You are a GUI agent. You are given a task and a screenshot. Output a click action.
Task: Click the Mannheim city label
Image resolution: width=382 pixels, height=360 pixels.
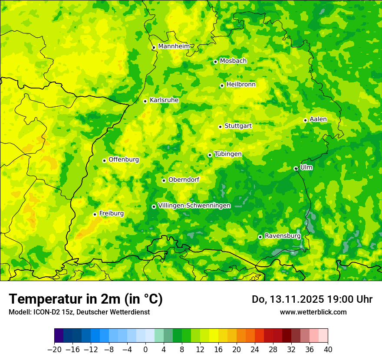point(174,46)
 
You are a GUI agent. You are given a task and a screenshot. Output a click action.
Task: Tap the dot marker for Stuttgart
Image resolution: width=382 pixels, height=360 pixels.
point(220,127)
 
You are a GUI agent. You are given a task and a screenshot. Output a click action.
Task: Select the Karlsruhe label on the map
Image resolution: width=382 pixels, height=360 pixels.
point(164,100)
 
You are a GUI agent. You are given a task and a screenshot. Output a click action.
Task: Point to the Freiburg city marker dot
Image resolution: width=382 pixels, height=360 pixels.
point(95,214)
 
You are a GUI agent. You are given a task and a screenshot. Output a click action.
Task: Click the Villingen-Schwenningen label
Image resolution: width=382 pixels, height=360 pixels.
point(194,206)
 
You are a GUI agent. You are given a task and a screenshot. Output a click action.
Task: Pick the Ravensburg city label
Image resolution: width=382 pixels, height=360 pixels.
point(282,236)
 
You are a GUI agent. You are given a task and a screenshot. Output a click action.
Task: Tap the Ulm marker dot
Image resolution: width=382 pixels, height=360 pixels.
point(296,168)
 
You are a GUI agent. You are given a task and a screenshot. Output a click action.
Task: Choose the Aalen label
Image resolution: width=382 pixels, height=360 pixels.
point(318,119)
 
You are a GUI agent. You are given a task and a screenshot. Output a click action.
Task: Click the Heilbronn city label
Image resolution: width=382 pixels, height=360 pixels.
point(241,85)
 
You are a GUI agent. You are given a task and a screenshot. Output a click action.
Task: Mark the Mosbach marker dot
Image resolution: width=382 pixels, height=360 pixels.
point(215,62)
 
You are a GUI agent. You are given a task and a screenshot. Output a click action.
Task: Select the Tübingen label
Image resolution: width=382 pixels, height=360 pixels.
point(228,154)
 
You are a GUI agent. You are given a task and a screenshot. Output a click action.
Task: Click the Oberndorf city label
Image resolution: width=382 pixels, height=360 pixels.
point(184,180)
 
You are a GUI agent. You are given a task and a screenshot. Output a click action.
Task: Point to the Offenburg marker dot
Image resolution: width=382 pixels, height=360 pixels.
point(104,160)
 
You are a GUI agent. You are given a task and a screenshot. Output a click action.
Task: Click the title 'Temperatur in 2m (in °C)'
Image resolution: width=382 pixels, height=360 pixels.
point(86,299)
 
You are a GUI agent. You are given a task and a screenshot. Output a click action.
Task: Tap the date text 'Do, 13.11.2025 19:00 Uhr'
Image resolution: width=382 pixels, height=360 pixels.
point(312,299)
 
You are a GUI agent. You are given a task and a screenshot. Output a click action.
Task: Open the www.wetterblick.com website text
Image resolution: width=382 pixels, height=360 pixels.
point(313,312)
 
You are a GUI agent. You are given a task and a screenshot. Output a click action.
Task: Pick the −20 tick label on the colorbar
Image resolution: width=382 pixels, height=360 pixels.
point(54,350)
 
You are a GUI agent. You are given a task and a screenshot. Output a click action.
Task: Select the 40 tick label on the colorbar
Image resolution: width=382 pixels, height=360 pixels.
point(328,350)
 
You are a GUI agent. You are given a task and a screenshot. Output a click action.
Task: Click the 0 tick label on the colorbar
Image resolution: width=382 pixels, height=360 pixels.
point(145,350)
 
